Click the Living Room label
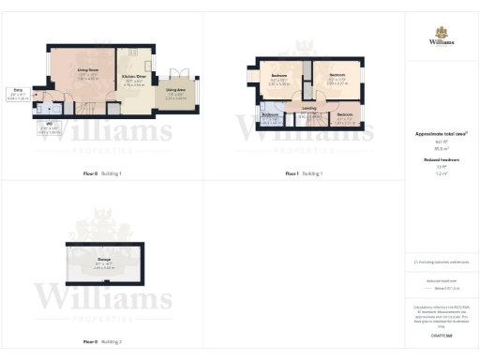pyautogui.click(x=89, y=70)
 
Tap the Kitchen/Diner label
pyautogui.click(x=134, y=79)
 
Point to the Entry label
pyautogui.click(x=17, y=91)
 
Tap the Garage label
pyautogui.click(x=104, y=258)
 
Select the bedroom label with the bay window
pyautogui.click(x=279, y=76)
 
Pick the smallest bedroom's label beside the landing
pyautogui.click(x=344, y=115)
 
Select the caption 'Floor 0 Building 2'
pyautogui.click(x=102, y=342)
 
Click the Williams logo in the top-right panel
pyautogui.click(x=442, y=37)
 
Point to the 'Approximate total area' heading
pyautogui.click(x=441, y=134)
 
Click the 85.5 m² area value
pyautogui.click(x=441, y=148)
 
